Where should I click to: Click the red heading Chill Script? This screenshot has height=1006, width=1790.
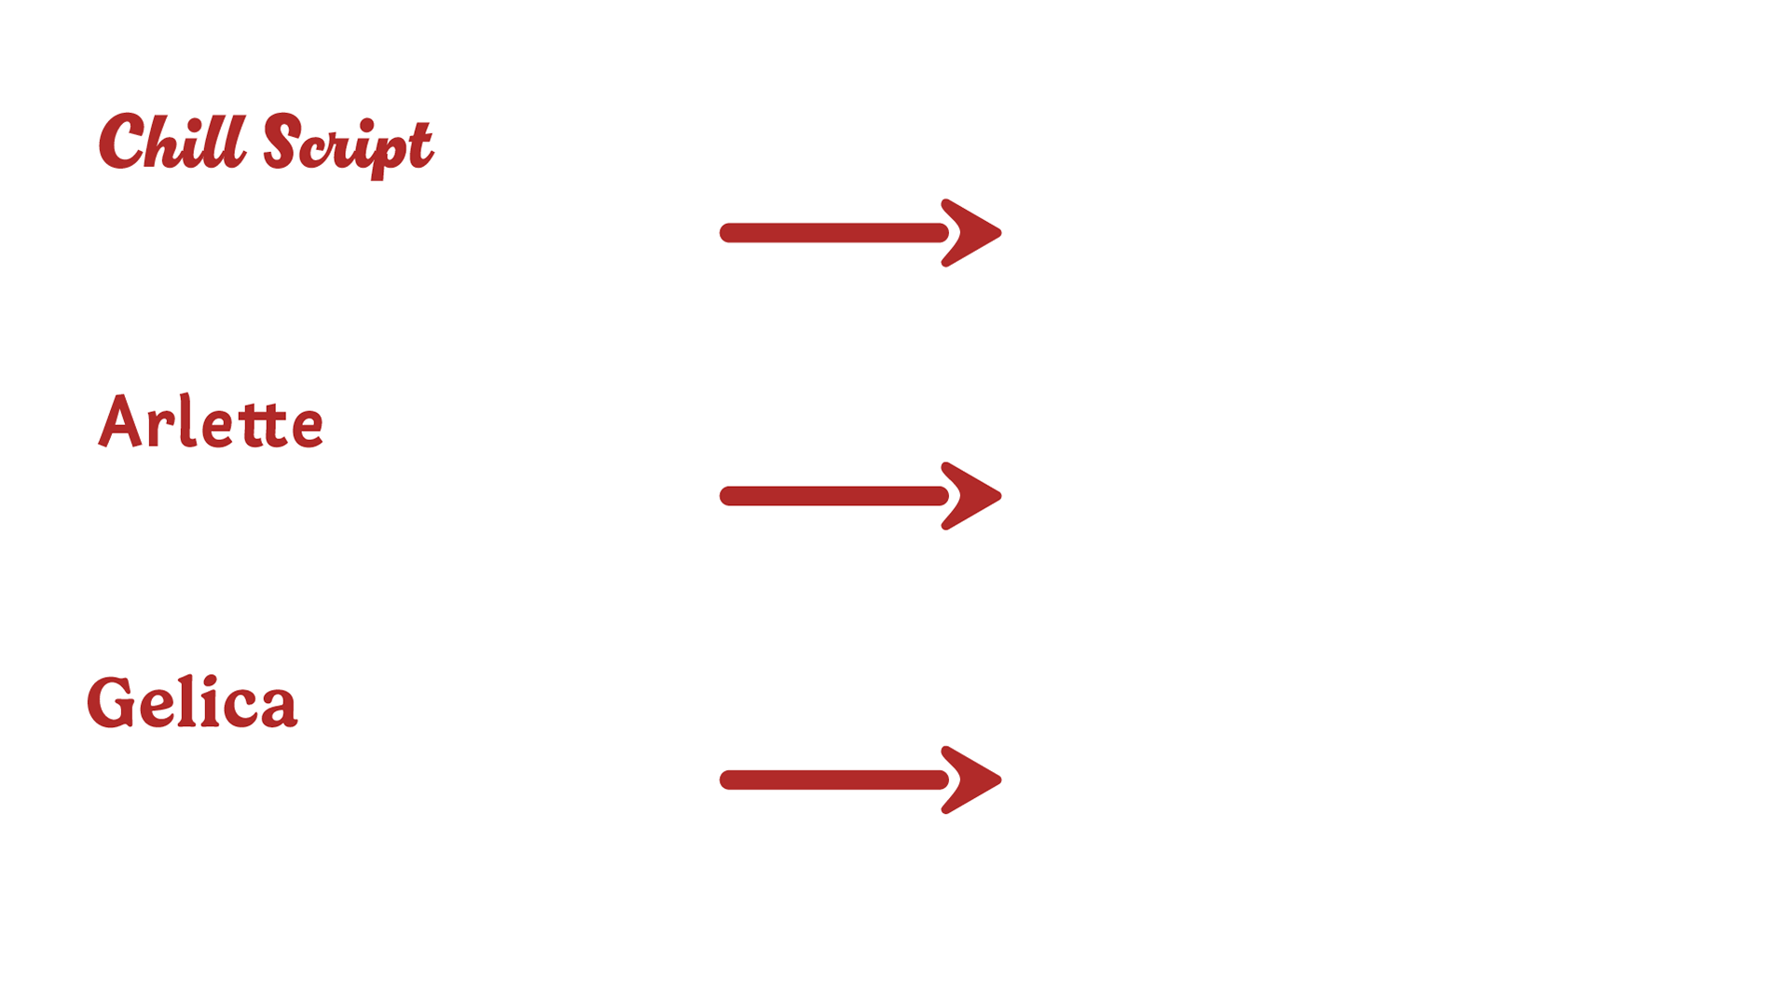tap(266, 144)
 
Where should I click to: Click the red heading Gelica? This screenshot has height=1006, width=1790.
tap(192, 703)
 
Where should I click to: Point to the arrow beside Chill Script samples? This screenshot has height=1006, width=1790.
tap(860, 232)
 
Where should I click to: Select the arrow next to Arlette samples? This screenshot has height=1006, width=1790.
tap(860, 496)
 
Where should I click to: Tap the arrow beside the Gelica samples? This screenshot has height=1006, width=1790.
tap(860, 779)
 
